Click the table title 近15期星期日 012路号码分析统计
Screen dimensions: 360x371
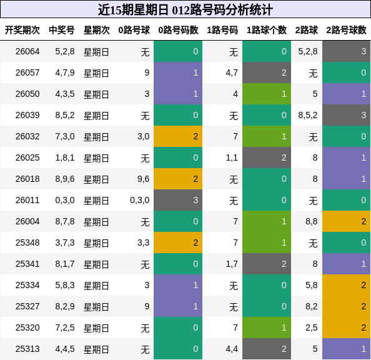point(185,9)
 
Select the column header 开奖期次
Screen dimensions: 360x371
point(22,30)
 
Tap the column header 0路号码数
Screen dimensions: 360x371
point(178,30)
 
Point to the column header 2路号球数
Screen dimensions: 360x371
point(346,30)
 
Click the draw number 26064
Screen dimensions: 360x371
point(27,51)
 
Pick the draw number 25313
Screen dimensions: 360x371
point(27,349)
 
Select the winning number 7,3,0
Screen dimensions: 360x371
point(65,136)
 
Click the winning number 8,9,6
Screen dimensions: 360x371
point(65,179)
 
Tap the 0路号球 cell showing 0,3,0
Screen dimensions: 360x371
point(140,200)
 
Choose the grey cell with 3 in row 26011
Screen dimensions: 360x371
point(178,200)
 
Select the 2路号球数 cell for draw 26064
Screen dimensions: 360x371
point(346,51)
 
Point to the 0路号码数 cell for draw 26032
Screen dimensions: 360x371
point(178,136)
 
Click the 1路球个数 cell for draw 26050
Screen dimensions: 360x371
point(267,94)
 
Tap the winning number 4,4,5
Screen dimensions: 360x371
point(65,349)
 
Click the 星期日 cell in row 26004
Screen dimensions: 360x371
point(96,221)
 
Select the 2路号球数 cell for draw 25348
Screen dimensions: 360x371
point(346,242)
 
